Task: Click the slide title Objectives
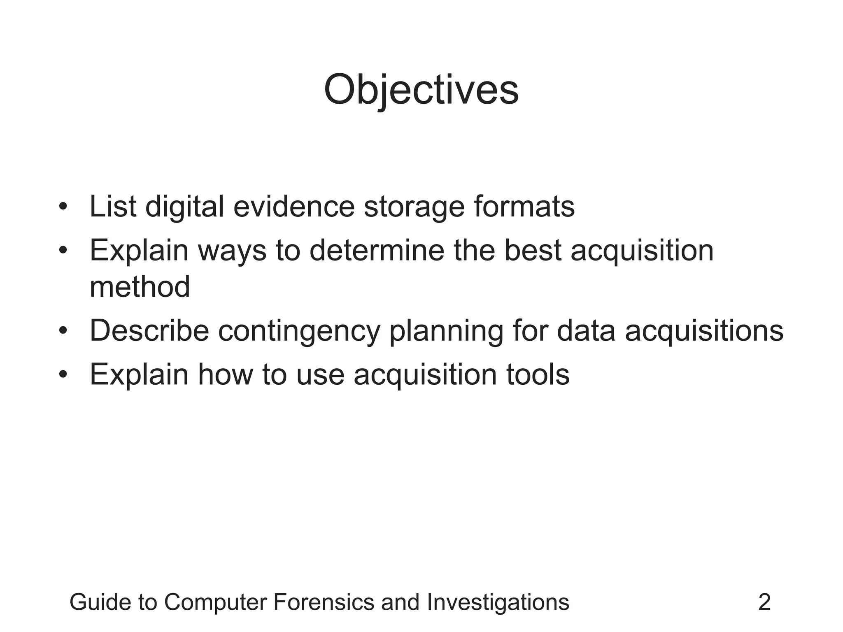tap(421, 90)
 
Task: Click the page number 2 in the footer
tap(764, 602)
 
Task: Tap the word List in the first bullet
tap(113, 206)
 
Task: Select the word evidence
tap(293, 206)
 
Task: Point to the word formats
tap(524, 206)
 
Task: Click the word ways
tap(232, 251)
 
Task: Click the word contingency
tap(299, 332)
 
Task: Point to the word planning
tap(446, 332)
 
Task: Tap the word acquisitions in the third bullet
tap(704, 332)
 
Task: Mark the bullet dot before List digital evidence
tap(63, 206)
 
